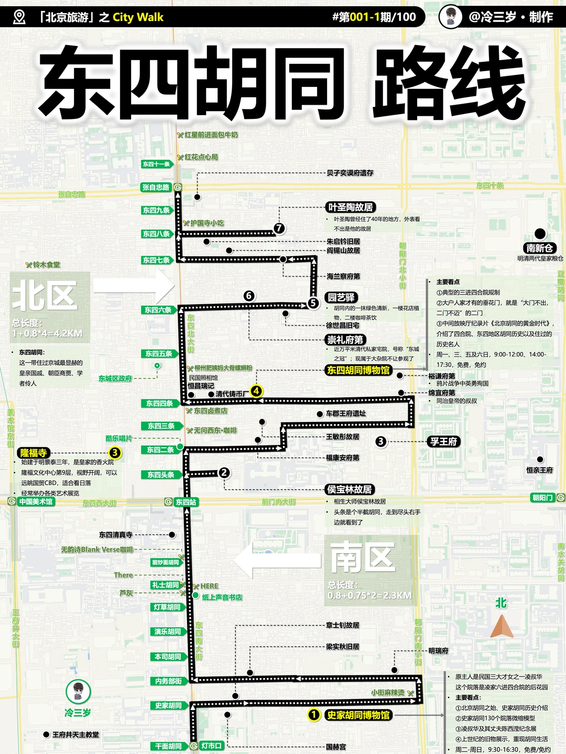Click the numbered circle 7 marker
pyautogui.click(x=279, y=228)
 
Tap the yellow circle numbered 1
pyautogui.click(x=313, y=715)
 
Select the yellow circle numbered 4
pyautogui.click(x=256, y=391)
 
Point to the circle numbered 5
pyautogui.click(x=313, y=303)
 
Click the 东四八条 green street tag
pyautogui.click(x=157, y=234)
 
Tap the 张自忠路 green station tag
pyautogui.click(x=156, y=187)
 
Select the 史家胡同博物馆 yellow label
pyautogui.click(x=358, y=715)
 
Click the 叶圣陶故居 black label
pyautogui.click(x=350, y=207)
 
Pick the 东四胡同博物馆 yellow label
pyautogui.click(x=358, y=371)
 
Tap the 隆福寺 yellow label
pyautogui.click(x=34, y=453)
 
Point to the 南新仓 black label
pyautogui.click(x=540, y=248)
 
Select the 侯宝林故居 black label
pyautogui.click(x=349, y=490)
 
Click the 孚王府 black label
pyautogui.click(x=443, y=441)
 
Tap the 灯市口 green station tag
pyautogui.click(x=211, y=746)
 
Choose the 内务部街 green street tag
pyautogui.click(x=168, y=681)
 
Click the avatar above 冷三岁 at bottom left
pyautogui.click(x=78, y=692)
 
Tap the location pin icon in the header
pyautogui.click(x=19, y=17)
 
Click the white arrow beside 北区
pyautogui.click(x=134, y=285)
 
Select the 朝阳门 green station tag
pyautogui.click(x=543, y=497)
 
